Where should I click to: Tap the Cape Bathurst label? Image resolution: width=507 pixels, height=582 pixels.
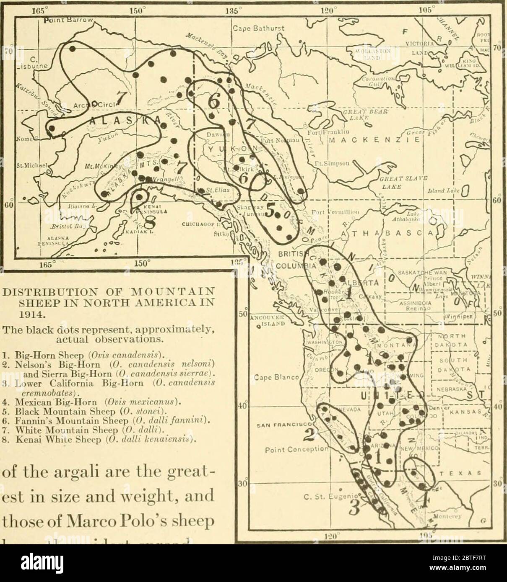(x=259, y=28)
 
